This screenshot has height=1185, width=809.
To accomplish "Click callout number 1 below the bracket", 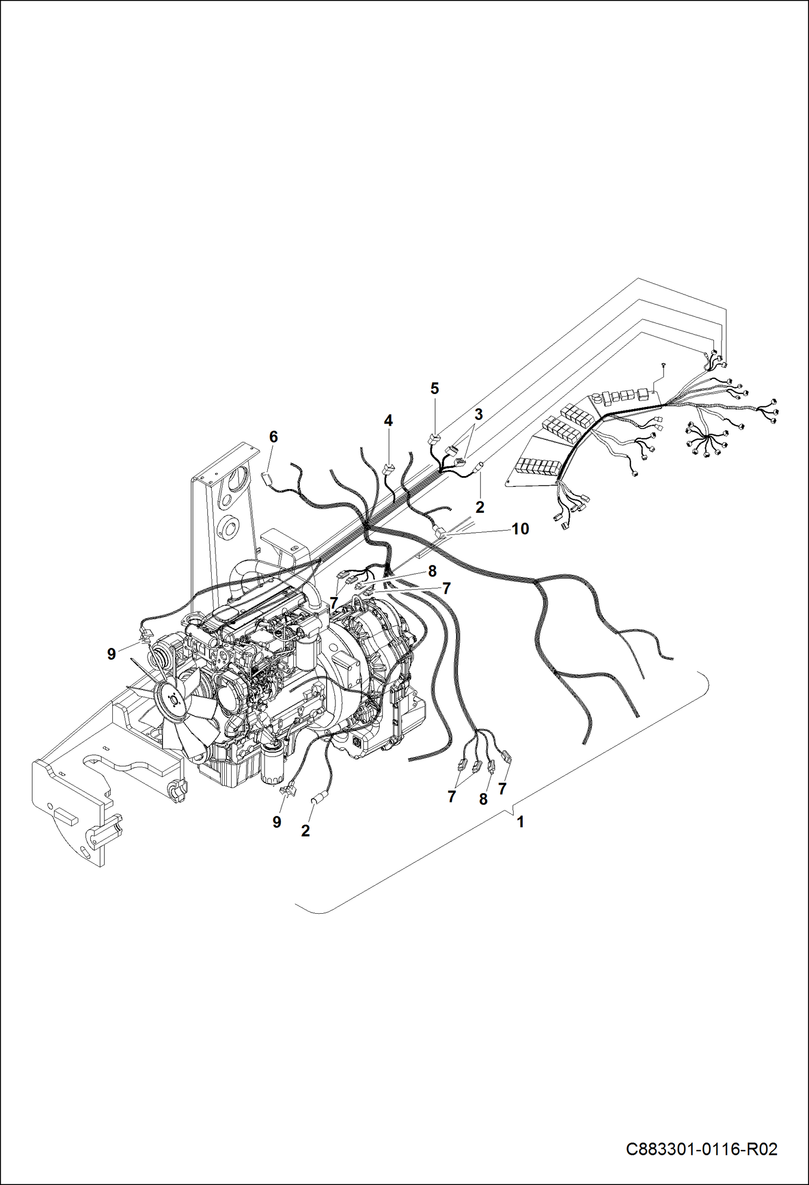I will point(520,822).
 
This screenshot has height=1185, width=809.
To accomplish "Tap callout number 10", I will point(520,529).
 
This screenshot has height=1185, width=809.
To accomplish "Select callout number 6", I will point(273,437).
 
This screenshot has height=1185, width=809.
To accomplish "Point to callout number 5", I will point(435,388).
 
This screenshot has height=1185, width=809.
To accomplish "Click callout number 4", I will point(388,420).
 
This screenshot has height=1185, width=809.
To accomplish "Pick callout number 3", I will point(478,414).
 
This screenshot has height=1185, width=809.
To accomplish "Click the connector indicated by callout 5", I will point(435,439).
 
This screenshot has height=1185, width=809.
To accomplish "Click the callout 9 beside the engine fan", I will point(111,654).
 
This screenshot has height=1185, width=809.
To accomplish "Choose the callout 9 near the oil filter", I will point(277,822).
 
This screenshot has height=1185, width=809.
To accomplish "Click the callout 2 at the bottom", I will point(306,831).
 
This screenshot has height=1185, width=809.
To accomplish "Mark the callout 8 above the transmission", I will point(432,571).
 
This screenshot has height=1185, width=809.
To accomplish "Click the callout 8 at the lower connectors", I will point(483,799).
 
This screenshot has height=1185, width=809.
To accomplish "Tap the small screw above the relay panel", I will point(663,366).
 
